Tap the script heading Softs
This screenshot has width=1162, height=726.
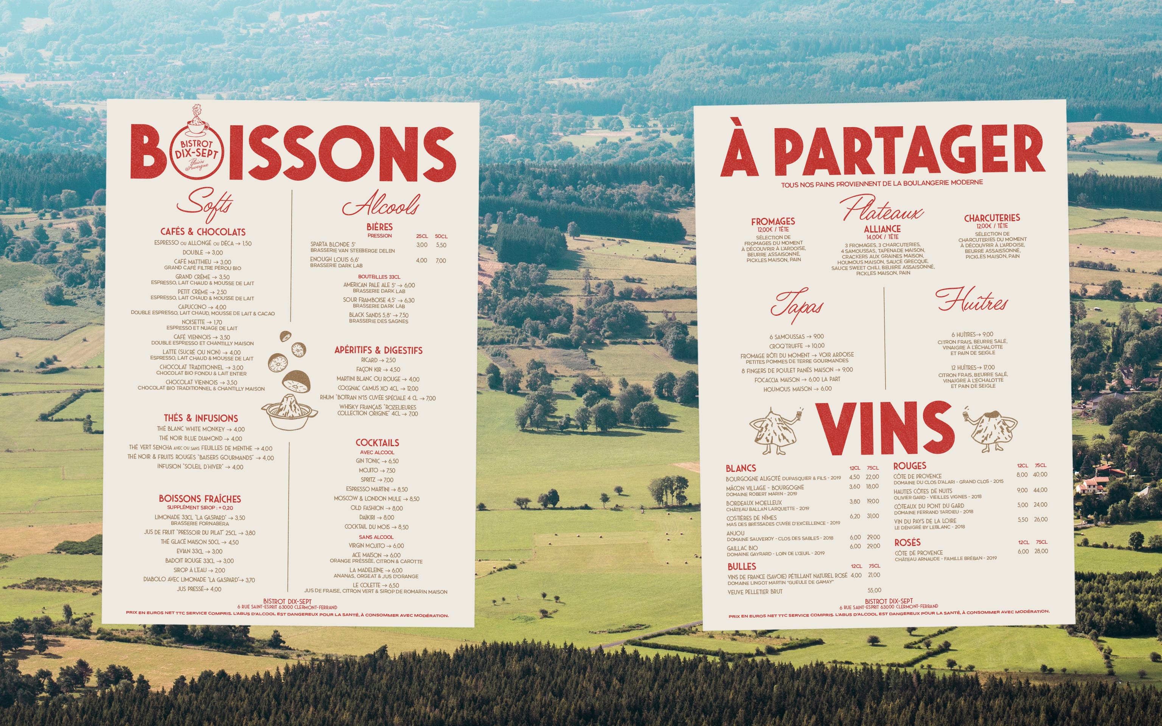point(204,205)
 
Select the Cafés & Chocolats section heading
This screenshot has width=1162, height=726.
point(203,232)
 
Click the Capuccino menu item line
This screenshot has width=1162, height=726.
point(202,307)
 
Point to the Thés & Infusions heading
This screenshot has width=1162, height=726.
point(201,418)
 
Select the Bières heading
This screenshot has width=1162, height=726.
point(379,226)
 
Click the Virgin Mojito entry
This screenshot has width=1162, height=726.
point(376,546)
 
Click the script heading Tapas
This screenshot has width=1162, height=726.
point(797,306)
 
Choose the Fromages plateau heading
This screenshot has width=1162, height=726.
point(773,221)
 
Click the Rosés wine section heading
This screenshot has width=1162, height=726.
point(907,543)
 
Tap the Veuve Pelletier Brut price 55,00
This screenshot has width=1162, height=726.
point(874,591)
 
